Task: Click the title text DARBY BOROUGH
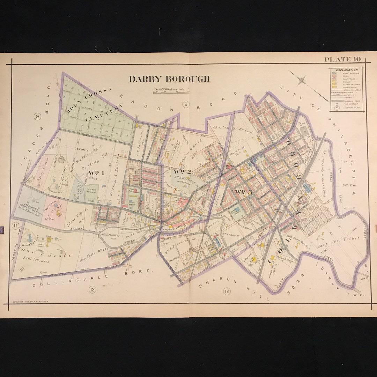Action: tap(169, 79)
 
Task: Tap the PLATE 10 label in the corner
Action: tap(342, 59)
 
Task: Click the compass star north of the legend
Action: tap(302, 80)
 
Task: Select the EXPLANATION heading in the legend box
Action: tap(347, 70)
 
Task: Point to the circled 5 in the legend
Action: tap(337, 108)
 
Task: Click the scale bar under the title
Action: tap(171, 91)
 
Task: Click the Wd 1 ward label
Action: tap(97, 172)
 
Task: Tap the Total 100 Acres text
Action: tap(37, 259)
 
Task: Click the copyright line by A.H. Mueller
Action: tap(30, 301)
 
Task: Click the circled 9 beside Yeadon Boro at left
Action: tap(37, 117)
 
